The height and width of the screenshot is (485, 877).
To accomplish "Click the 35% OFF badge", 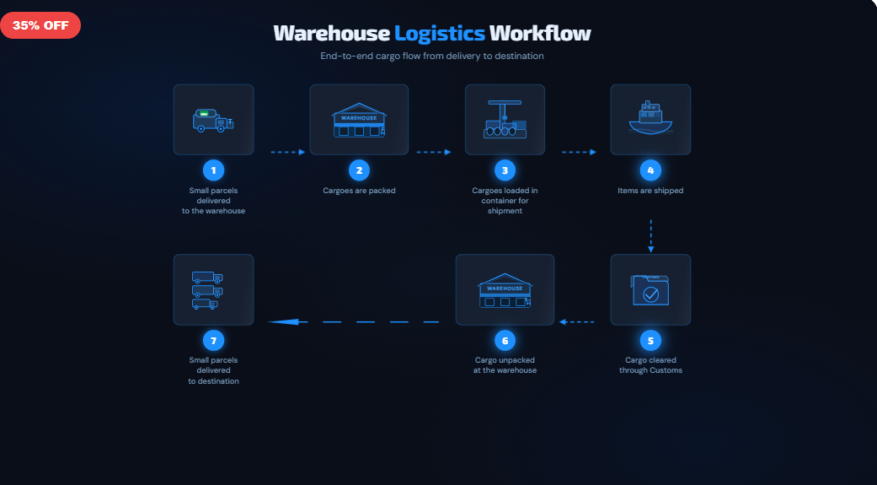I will pos(40,25).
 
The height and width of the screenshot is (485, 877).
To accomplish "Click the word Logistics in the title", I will pos(440,33).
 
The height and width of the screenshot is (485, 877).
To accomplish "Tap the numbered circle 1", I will pos(213,170).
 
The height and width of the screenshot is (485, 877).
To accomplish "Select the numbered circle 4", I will pos(650,170).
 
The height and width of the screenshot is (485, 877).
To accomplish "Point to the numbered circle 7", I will pos(213,340).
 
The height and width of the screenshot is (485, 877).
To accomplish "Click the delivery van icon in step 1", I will pos(213,121).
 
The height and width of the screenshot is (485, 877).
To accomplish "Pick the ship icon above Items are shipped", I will pos(650,119).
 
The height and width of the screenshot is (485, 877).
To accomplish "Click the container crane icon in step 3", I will pos(505,120).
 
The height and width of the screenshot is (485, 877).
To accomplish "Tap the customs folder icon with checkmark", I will pos(650,290).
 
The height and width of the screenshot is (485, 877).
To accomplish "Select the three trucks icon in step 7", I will pos(207,290).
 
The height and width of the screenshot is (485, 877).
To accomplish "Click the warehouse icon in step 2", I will pos(359,120).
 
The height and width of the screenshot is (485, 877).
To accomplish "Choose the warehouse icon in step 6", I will pos(505,290).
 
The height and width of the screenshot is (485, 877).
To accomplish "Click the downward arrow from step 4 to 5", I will pos(650,235).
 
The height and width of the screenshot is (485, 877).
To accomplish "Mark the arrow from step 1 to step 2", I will pos(287,153).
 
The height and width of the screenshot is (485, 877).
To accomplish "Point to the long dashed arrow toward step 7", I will pos(354,321).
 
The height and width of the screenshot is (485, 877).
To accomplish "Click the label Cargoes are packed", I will pos(359,191).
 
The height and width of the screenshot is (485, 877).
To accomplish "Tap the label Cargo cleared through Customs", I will pos(650,365).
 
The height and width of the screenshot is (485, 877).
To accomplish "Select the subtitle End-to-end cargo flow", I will pos(431,56).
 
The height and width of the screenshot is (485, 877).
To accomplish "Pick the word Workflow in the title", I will pos(540,33).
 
